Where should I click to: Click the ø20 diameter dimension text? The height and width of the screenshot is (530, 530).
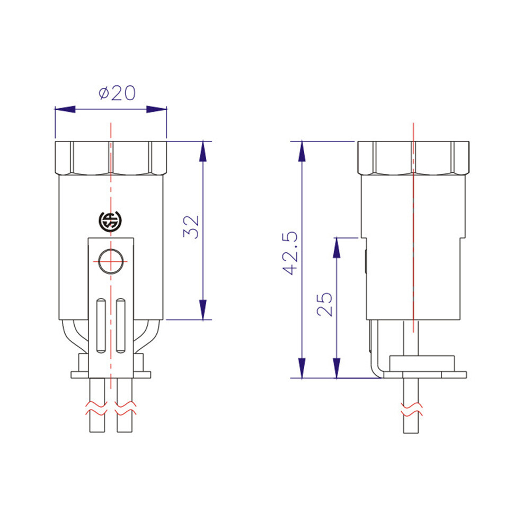pyautogui.click(x=117, y=93)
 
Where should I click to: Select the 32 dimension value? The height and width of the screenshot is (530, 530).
pyautogui.click(x=192, y=227)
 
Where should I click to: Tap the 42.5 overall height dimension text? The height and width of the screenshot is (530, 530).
pyautogui.click(x=289, y=253)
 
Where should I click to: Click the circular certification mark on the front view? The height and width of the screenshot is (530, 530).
pyautogui.click(x=110, y=222)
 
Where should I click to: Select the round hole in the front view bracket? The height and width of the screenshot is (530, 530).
pyautogui.click(x=110, y=261)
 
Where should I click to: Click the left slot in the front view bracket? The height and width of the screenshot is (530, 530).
pyautogui.click(x=100, y=326)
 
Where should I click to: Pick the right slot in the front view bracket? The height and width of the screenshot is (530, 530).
pyautogui.click(x=121, y=326)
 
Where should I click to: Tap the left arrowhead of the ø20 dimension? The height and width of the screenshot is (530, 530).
pyautogui.click(x=64, y=109)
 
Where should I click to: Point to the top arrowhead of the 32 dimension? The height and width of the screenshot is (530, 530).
pyautogui.click(x=202, y=151)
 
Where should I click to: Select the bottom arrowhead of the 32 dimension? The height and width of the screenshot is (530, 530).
pyautogui.click(x=202, y=310)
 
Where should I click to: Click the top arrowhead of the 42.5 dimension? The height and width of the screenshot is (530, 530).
pyautogui.click(x=302, y=151)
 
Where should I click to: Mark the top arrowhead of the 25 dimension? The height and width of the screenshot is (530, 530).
pyautogui.click(x=336, y=248)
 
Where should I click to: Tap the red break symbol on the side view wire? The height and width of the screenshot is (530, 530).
pyautogui.click(x=412, y=409)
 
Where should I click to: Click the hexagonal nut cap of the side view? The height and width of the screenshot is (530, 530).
pyautogui.click(x=413, y=158)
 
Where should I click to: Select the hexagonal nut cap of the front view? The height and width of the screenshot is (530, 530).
pyautogui.click(x=110, y=157)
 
